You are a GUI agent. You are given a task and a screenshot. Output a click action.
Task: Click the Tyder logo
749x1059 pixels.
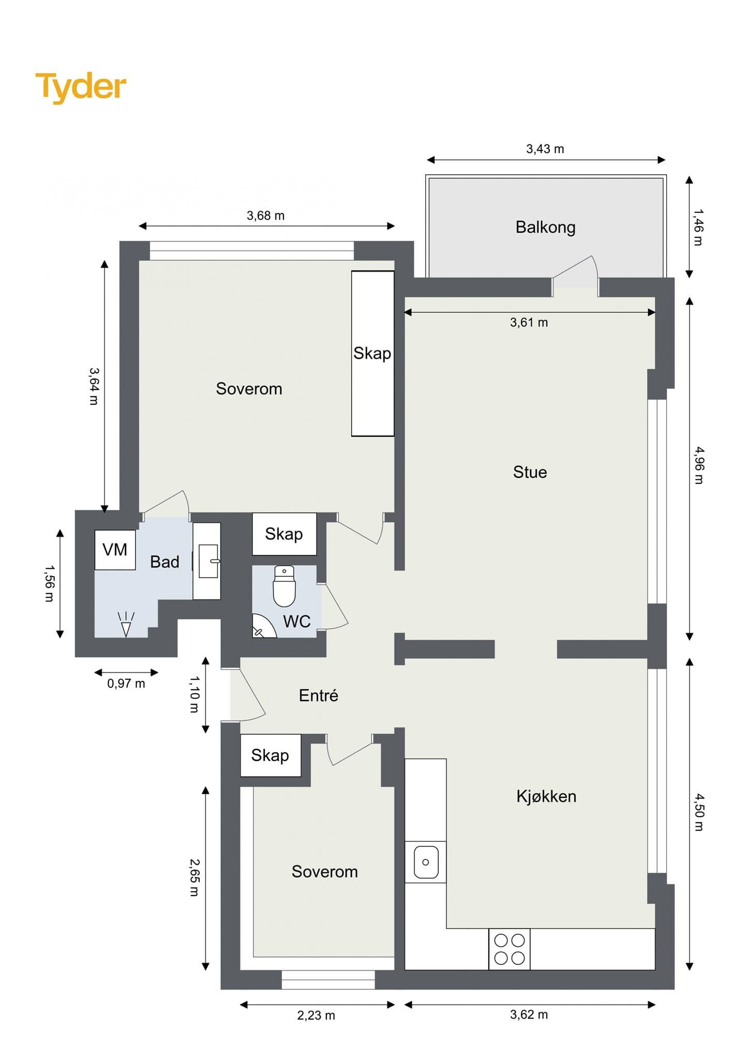pyautogui.click(x=81, y=87)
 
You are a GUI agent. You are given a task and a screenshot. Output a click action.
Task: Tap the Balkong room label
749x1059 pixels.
pyautogui.click(x=545, y=228)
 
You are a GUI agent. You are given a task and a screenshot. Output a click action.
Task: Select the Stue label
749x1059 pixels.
pyautogui.click(x=530, y=472)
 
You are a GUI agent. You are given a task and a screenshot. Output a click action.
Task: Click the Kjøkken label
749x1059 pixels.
pyautogui.click(x=546, y=796)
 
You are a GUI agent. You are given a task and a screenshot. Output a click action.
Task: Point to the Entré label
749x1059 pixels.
pyautogui.click(x=319, y=695)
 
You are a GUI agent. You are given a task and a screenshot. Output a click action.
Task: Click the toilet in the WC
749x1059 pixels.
pyautogui.click(x=284, y=586)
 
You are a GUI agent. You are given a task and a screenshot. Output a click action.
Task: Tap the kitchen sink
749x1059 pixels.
pyautogui.click(x=426, y=862)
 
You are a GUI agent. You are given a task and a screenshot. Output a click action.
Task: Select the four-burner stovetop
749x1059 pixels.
pyautogui.click(x=510, y=949)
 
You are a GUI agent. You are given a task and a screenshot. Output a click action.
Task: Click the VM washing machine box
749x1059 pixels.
pyautogui.click(x=115, y=550)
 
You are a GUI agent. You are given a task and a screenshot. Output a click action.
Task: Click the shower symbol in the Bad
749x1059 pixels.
pyautogui.click(x=126, y=624)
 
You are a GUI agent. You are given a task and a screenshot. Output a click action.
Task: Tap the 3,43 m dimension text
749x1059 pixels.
pyautogui.click(x=545, y=149)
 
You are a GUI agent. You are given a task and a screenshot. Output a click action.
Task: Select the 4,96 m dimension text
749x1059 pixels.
pyautogui.click(x=699, y=465)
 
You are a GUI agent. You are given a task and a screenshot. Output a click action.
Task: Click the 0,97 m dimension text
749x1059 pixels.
pyautogui.click(x=126, y=684)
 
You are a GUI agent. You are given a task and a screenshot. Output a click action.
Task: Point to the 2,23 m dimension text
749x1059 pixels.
pyautogui.click(x=316, y=1016)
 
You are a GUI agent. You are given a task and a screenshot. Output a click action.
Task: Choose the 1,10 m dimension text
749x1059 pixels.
pyautogui.click(x=194, y=694)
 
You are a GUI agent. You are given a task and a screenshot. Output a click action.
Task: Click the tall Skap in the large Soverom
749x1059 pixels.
pyautogui.click(x=373, y=354)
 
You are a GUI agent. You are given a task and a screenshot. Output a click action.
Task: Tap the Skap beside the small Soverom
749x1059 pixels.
pyautogui.click(x=271, y=755)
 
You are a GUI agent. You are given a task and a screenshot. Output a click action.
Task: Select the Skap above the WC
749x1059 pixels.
pyautogui.click(x=284, y=534)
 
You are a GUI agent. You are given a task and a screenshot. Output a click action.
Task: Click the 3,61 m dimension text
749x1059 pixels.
pyautogui.click(x=529, y=323)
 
